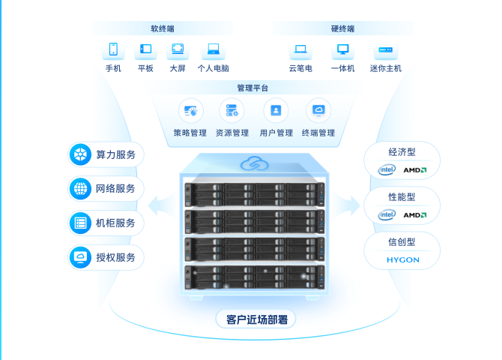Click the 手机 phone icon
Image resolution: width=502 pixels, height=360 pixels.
click(113, 50)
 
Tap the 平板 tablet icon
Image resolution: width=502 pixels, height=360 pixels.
click(145, 50)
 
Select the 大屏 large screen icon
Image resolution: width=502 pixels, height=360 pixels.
click(178, 50)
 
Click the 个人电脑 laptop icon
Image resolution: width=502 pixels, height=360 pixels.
click(214, 50)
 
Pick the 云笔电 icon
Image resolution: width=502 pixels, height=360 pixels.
click(300, 50)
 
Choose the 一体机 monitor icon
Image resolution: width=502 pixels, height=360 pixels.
click(342, 50)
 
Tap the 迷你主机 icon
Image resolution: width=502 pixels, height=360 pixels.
click(386, 50)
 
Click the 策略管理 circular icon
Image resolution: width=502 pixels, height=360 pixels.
click(190, 111)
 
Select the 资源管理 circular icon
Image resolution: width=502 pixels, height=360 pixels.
click(232, 111)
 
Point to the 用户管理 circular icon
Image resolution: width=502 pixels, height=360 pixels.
click(276, 111)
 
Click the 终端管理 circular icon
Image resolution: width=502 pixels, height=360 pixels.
click(318, 111)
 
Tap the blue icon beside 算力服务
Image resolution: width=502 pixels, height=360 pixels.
click(79, 155)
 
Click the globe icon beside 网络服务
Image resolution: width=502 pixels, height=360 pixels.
click(79, 189)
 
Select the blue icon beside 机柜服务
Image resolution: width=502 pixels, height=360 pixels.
click(79, 223)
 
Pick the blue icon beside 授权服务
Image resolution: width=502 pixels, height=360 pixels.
click(79, 257)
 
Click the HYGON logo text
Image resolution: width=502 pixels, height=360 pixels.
click(403, 260)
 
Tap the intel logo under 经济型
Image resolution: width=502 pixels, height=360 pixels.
click(387, 170)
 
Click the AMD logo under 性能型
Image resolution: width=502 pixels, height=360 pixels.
click(415, 215)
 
